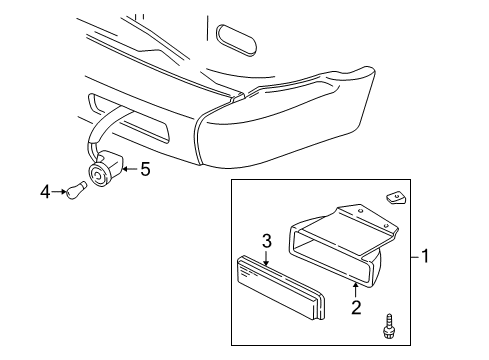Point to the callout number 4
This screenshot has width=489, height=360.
pyautogui.click(x=45, y=190)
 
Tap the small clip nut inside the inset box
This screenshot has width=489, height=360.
pyautogui.click(x=394, y=198)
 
